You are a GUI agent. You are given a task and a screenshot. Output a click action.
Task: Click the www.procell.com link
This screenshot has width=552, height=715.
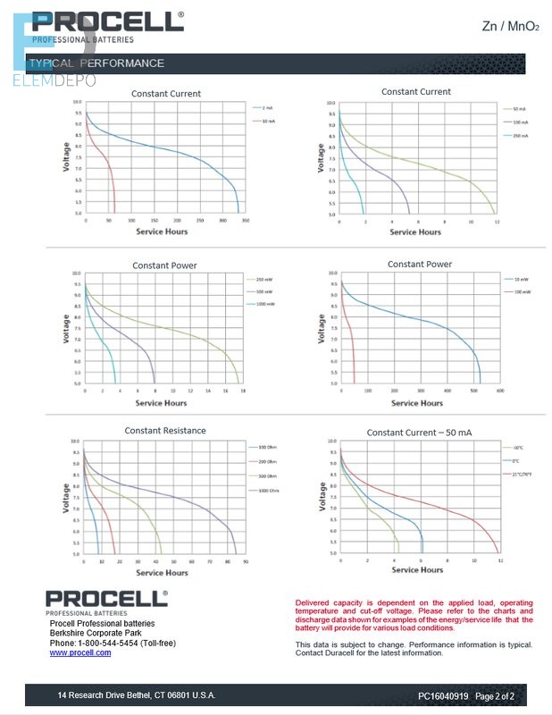coord(80,652)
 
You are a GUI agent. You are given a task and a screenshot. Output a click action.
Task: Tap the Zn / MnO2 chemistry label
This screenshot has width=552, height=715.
coord(510,27)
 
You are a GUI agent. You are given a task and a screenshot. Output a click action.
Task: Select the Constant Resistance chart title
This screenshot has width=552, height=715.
coord(165,431)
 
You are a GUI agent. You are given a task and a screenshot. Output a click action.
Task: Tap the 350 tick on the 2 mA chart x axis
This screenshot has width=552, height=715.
coord(246,220)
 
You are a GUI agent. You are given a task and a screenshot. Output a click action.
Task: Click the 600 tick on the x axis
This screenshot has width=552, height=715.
coord(499,391)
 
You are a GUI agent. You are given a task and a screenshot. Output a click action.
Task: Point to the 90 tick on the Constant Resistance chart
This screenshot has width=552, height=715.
coord(245,561)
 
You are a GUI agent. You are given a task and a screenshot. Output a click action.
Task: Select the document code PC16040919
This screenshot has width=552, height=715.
coord(443,695)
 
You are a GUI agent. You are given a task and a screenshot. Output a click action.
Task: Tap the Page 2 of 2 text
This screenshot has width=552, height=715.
coord(495,695)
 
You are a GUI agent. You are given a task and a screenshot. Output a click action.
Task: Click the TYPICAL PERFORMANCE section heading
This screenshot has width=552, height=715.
coord(96,63)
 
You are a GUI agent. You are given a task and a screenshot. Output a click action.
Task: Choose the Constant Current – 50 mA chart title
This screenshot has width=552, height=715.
coord(419,433)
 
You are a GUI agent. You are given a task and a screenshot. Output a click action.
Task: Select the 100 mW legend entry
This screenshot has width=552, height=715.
coord(523,292)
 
